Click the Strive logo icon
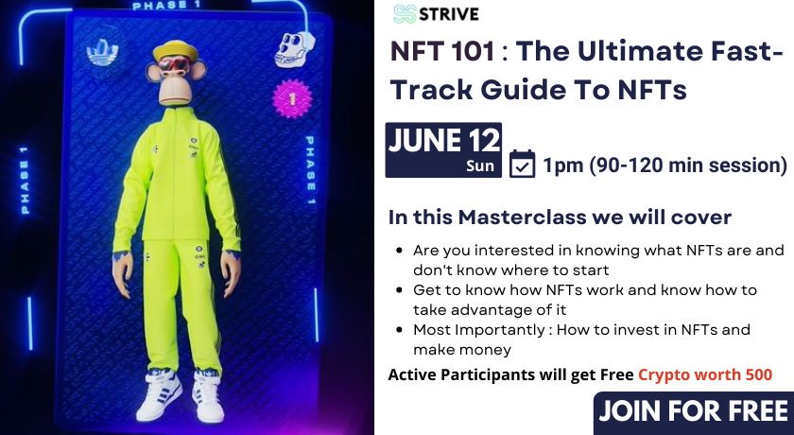click(x=406, y=13)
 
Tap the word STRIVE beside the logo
click(x=450, y=13)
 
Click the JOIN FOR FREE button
click(x=693, y=412)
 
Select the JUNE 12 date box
click(x=443, y=149)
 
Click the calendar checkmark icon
click(x=522, y=165)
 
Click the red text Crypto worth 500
click(x=705, y=374)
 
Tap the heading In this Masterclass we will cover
click(x=560, y=217)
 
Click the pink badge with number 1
click(x=293, y=97)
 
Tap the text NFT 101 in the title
click(x=442, y=53)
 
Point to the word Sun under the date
click(x=480, y=166)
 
